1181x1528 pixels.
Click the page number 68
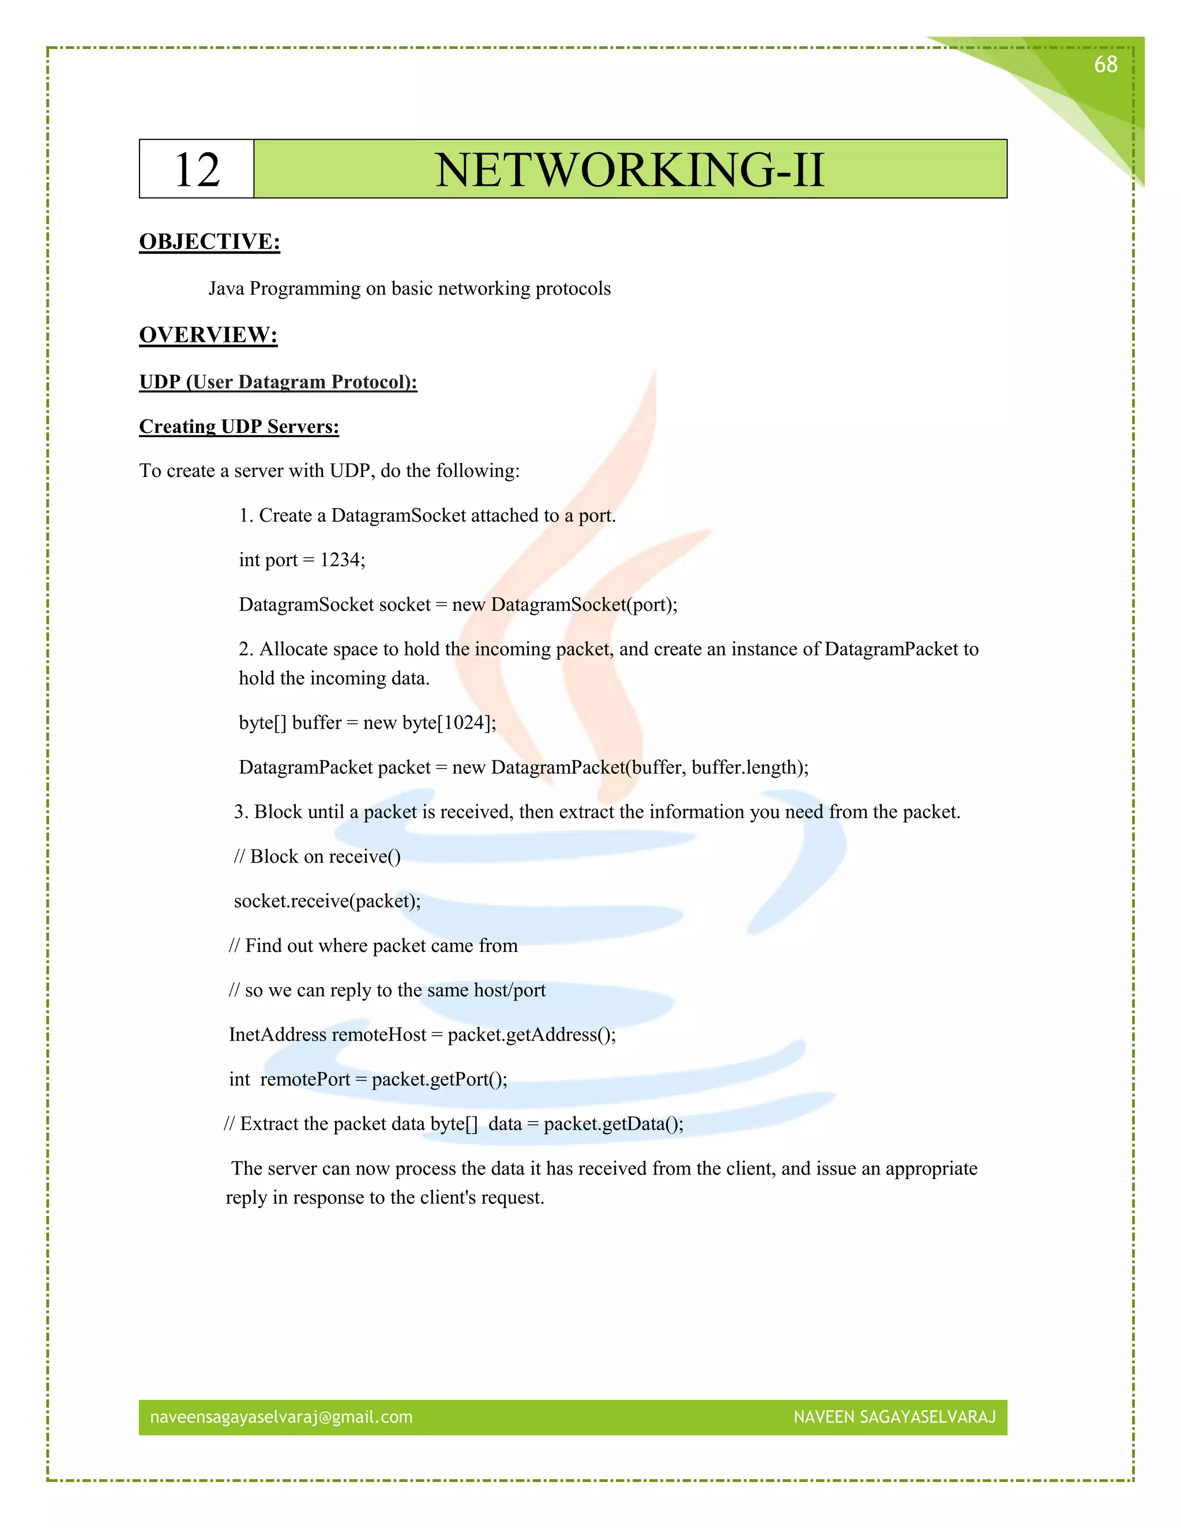tap(1105, 65)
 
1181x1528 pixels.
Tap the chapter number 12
tap(197, 170)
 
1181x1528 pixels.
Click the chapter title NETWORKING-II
tap(630, 170)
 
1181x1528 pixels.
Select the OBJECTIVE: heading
tap(209, 242)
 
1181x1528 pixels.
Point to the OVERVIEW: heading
tap(208, 334)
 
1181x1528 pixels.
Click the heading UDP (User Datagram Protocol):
tap(278, 382)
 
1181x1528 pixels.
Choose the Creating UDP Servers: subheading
tap(239, 427)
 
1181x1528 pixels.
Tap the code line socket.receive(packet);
tap(327, 901)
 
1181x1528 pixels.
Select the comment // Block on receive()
tap(317, 856)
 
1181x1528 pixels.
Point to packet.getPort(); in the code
tap(439, 1079)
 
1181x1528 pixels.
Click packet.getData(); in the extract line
tap(614, 1124)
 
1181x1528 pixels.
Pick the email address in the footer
tap(281, 1417)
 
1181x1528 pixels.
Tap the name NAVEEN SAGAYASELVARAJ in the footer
tap(894, 1417)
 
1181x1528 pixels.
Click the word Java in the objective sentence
tap(226, 288)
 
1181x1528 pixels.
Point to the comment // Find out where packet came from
tap(373, 946)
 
